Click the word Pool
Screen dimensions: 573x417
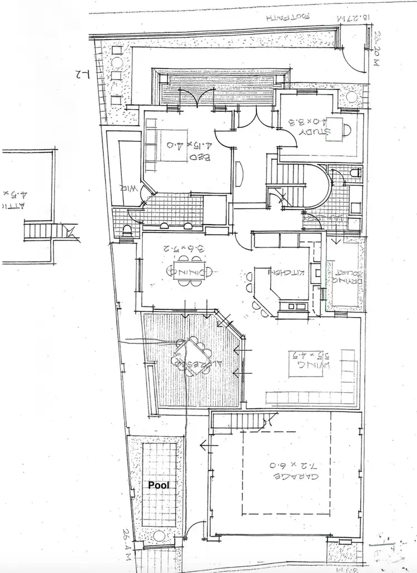click(x=158, y=485)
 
